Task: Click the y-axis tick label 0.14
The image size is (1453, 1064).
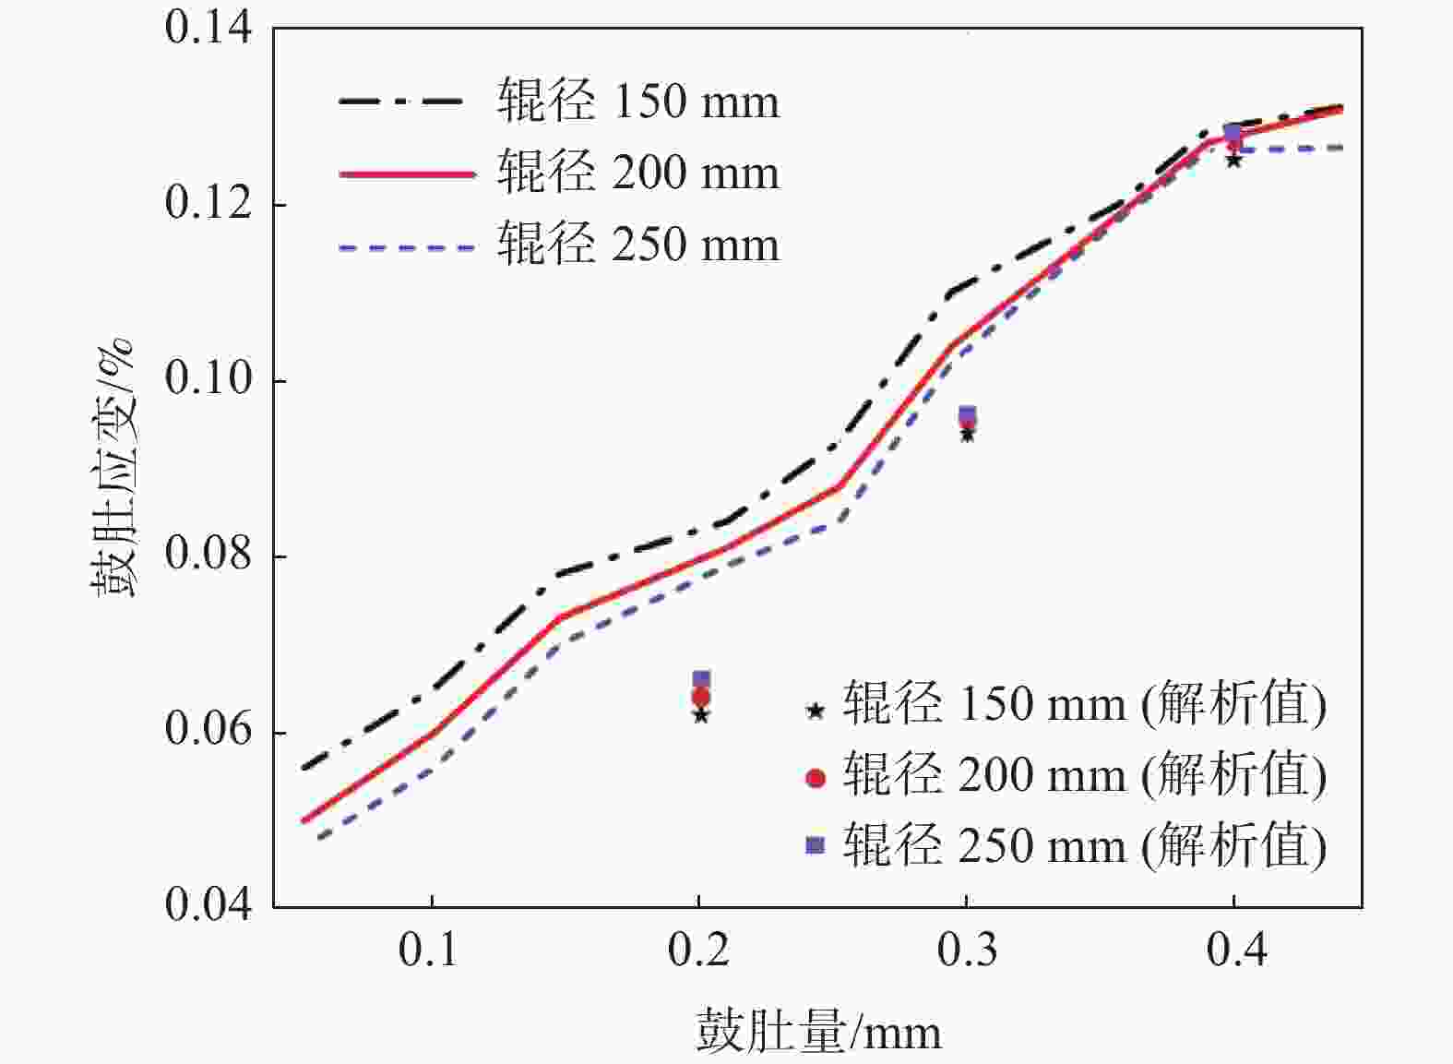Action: [x=208, y=28]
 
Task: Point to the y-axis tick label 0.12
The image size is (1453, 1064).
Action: [x=208, y=203]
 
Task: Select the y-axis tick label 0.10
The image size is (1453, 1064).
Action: [x=208, y=378]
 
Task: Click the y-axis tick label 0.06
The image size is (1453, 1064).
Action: [x=208, y=729]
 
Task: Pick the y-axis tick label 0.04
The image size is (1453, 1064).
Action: [x=208, y=905]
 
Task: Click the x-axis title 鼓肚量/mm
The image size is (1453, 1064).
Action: [x=818, y=1032]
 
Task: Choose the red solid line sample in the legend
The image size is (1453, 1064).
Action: [x=406, y=173]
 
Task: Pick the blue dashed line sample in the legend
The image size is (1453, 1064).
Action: [x=406, y=246]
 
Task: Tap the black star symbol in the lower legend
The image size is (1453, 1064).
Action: [x=815, y=710]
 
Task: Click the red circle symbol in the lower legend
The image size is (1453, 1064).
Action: [x=815, y=778]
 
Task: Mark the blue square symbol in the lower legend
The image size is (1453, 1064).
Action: [x=815, y=844]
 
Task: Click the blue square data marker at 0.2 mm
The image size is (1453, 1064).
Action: [x=701, y=679]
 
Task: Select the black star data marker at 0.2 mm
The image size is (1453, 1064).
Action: [x=701, y=714]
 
